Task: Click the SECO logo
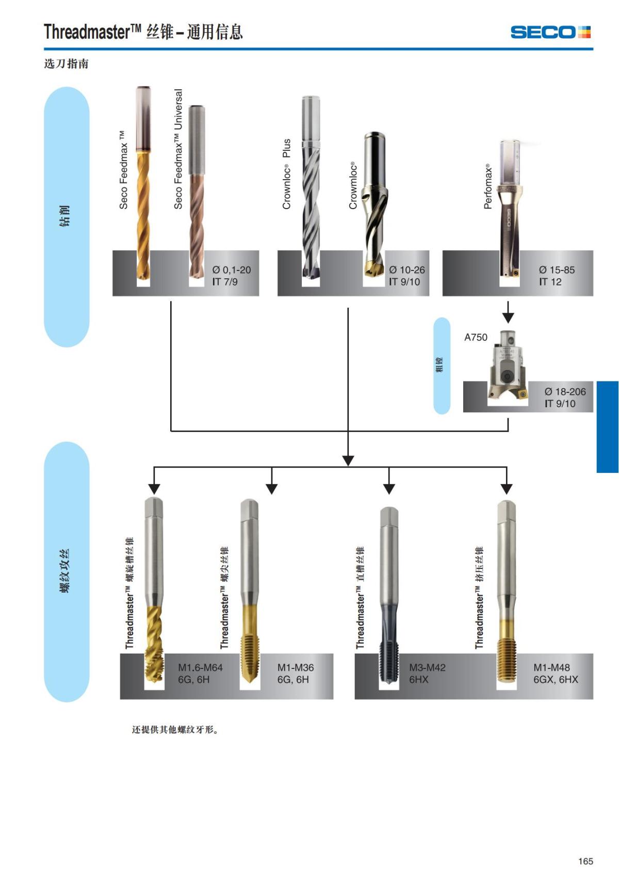[x=550, y=32]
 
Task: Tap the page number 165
[x=585, y=861]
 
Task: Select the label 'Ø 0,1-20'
[x=232, y=270]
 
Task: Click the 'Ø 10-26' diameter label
[x=407, y=270]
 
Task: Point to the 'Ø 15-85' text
[x=557, y=270]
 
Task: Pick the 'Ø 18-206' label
[x=565, y=392]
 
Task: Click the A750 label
[x=476, y=338]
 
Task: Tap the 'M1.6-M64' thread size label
[x=200, y=667]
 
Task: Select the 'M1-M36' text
[x=296, y=667]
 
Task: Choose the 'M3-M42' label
[x=427, y=667]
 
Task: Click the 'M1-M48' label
[x=551, y=667]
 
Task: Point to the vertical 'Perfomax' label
[x=487, y=186]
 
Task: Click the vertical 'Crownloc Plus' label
[x=287, y=174]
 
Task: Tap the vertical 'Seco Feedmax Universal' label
[x=178, y=149]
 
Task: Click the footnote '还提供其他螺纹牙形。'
[x=175, y=730]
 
